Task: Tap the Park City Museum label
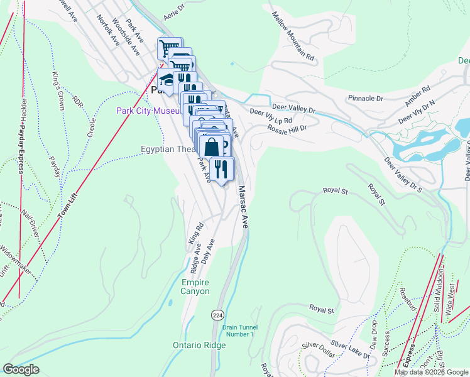[x=149, y=111]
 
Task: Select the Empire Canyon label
[x=194, y=287]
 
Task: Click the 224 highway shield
[x=217, y=314]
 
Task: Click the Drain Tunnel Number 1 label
[x=238, y=331]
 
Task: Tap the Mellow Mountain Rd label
[x=293, y=36]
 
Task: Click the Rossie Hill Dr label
[x=287, y=128]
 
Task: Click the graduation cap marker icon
[x=167, y=79]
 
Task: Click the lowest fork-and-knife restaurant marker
[x=221, y=168]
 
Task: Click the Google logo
[x=21, y=369]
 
